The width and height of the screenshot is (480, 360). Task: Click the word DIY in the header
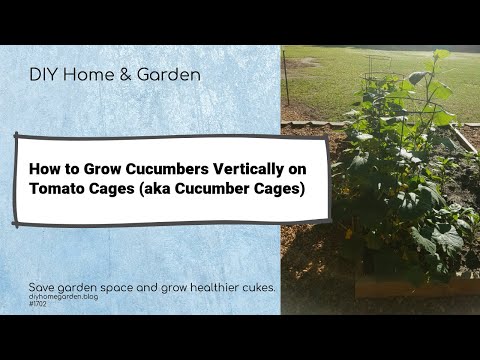point(43,74)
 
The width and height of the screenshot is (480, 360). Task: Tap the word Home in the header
point(89,74)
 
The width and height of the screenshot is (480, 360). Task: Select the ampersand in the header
point(126,74)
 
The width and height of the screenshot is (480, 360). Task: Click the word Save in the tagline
point(43,288)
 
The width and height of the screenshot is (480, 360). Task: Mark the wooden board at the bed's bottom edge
point(400,288)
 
